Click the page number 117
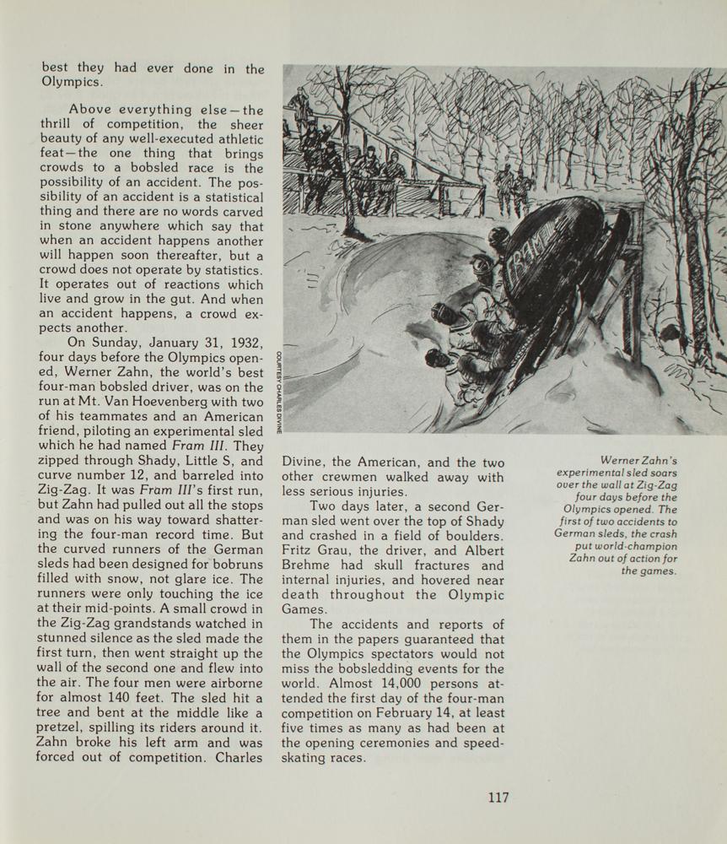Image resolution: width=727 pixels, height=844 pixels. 498,797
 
